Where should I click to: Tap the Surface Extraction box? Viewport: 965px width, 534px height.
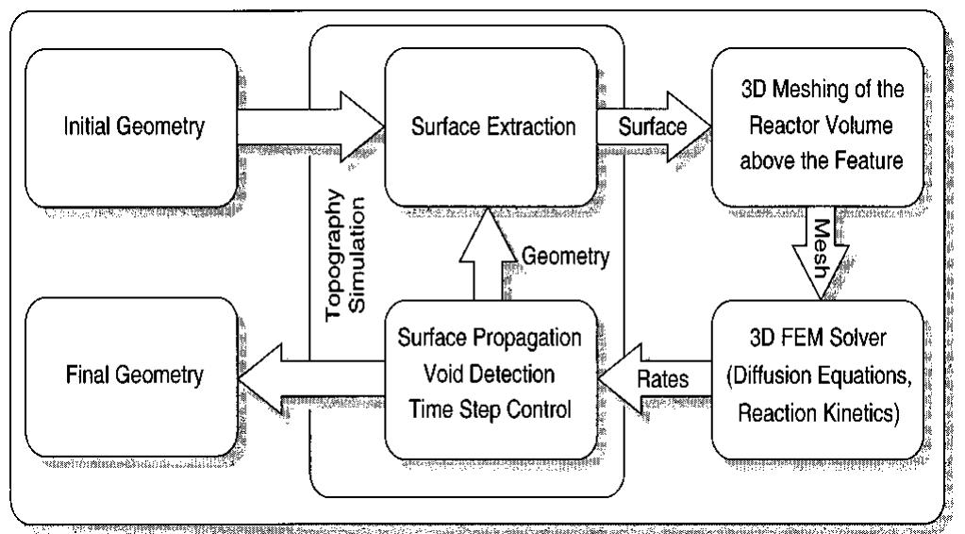490,127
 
